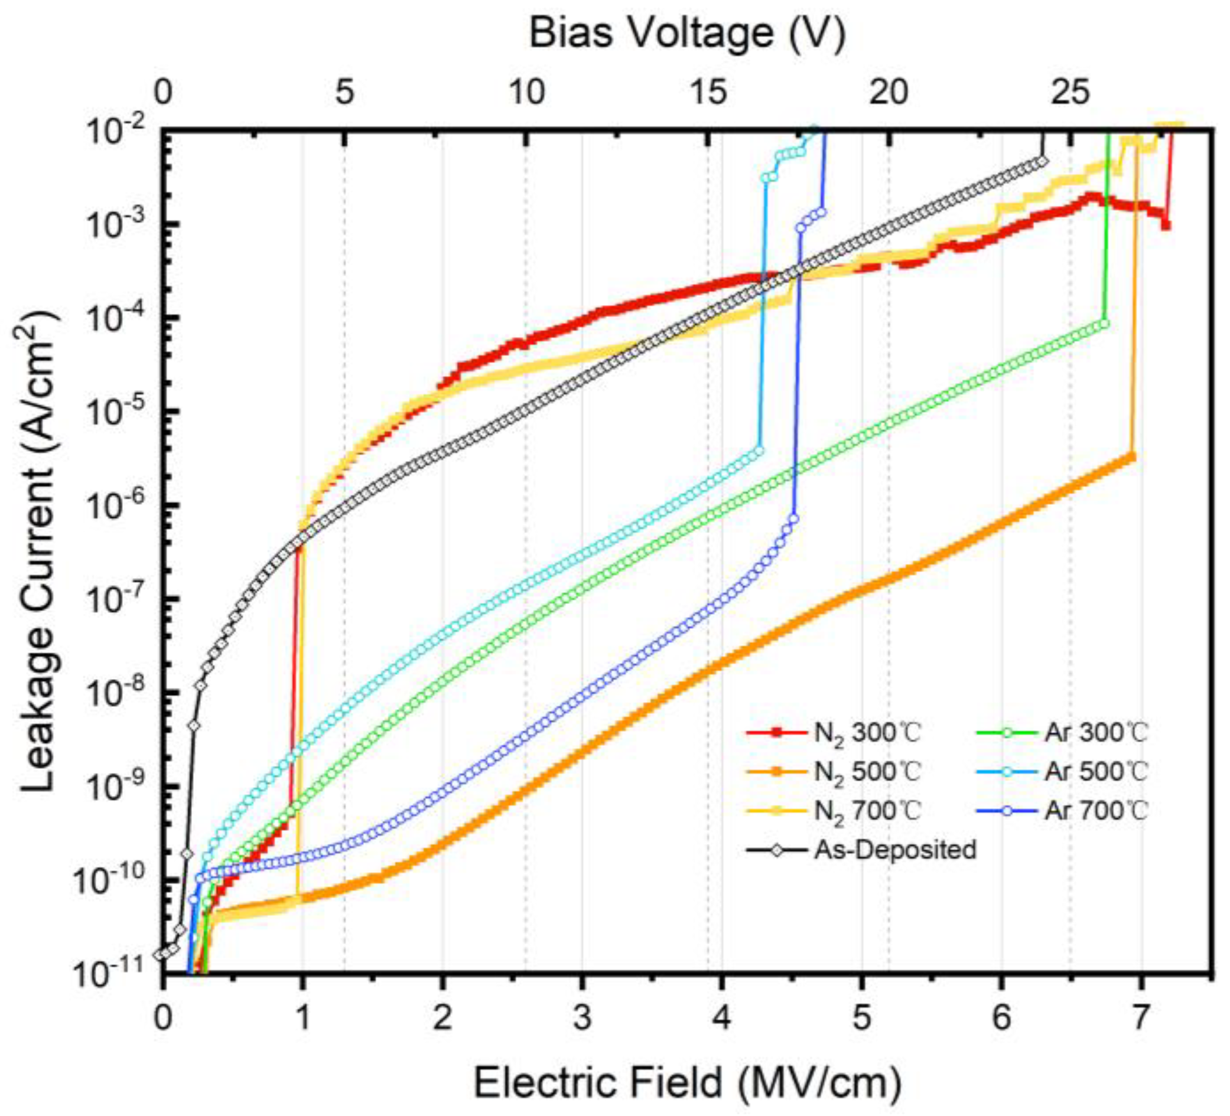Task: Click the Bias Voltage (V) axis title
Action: [688, 33]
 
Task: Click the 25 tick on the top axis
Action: [1070, 93]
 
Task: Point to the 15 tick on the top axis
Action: [708, 93]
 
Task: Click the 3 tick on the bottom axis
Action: [582, 1017]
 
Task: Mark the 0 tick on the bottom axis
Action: [162, 1017]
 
